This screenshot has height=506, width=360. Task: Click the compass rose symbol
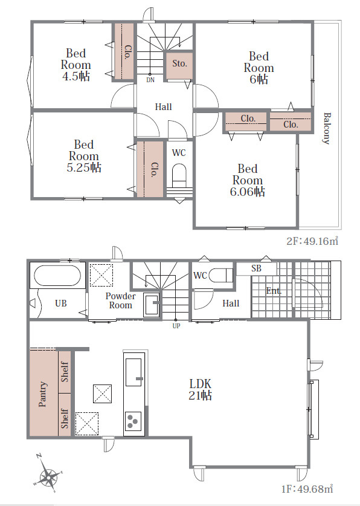click(48, 474)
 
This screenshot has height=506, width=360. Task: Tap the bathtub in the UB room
click(58, 275)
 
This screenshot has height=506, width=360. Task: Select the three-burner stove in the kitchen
click(133, 421)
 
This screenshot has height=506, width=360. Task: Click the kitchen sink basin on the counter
click(133, 372)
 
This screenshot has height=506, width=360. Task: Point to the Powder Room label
click(121, 300)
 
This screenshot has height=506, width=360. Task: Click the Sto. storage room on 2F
click(179, 65)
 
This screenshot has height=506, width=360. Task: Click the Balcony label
click(327, 128)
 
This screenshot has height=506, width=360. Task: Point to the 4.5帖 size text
click(76, 77)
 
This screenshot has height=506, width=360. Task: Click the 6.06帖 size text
click(247, 192)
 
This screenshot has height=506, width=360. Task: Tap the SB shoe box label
click(256, 268)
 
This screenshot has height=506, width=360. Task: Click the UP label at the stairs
click(176, 326)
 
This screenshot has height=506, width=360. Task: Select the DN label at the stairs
click(150, 80)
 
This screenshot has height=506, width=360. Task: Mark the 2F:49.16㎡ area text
click(312, 241)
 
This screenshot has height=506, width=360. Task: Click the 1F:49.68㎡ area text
click(307, 489)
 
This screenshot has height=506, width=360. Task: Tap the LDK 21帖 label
click(200, 389)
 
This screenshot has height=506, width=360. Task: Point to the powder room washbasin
click(151, 303)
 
